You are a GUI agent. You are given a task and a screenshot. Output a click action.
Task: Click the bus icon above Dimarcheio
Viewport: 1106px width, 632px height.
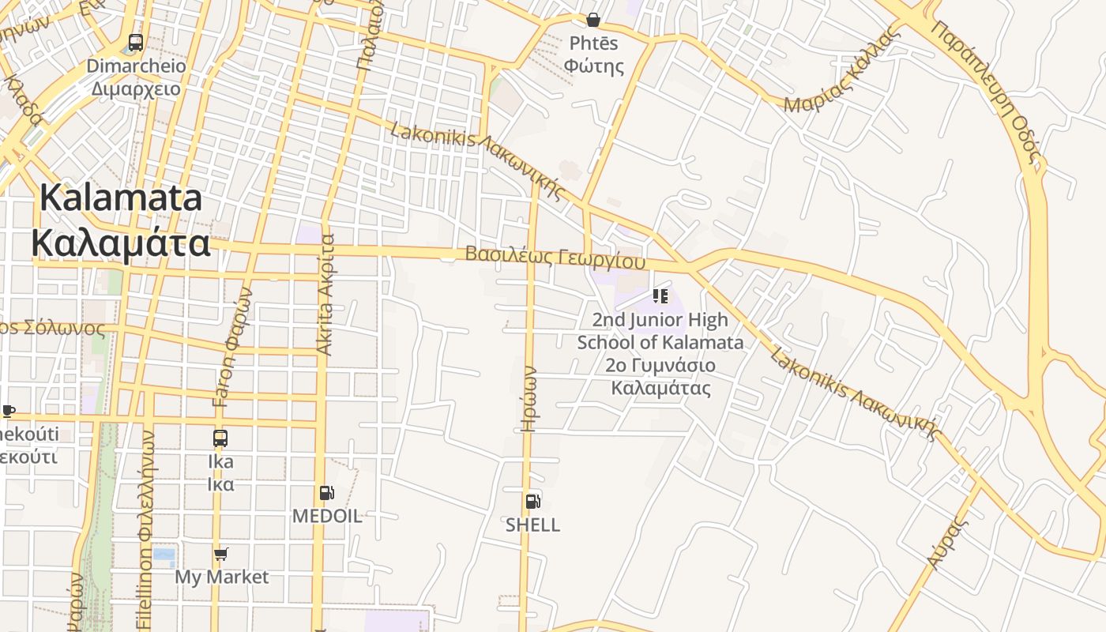(x=135, y=43)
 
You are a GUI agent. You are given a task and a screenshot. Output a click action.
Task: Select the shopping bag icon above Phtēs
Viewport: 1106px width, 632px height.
(x=593, y=20)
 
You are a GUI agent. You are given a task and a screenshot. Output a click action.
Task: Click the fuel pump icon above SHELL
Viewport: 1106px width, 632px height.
(x=532, y=501)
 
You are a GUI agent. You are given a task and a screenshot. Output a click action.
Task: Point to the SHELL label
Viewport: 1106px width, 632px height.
(x=532, y=525)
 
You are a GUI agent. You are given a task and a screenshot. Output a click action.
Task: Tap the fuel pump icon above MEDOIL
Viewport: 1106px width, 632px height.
(x=326, y=493)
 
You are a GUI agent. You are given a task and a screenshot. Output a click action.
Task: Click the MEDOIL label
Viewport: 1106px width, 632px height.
(x=327, y=516)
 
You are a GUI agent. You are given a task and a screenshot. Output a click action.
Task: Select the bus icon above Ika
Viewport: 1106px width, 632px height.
(x=220, y=438)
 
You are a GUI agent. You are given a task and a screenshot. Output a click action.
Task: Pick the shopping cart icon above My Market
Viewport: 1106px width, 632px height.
(x=221, y=554)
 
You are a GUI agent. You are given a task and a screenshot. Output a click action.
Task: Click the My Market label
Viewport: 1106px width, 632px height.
(x=221, y=577)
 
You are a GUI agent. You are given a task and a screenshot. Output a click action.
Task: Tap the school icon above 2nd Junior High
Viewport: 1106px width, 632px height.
(x=660, y=296)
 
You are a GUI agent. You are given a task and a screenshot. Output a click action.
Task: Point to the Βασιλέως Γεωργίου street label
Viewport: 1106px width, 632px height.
(x=555, y=257)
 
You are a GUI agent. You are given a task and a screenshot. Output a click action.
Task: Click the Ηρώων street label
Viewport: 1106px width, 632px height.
(x=529, y=399)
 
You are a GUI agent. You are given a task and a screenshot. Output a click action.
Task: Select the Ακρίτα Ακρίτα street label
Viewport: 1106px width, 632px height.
(x=325, y=294)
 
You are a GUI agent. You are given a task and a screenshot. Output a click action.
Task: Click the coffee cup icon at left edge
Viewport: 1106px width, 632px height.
(x=8, y=411)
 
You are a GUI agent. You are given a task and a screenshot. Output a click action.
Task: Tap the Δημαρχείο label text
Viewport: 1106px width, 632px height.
(x=136, y=89)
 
